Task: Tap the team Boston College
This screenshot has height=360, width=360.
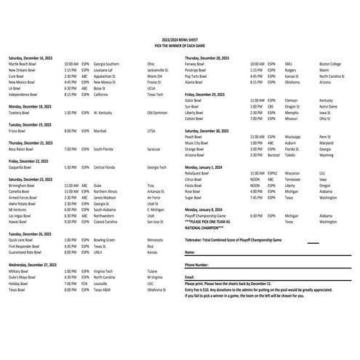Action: pos(331,63)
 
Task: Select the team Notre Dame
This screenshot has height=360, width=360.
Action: pos(329,105)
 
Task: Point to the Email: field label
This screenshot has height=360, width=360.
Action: pos(190,277)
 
